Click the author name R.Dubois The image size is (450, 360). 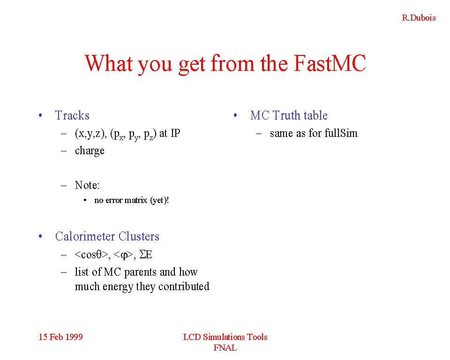[x=419, y=18]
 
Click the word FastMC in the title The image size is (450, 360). [x=330, y=63]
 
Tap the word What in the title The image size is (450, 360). [x=109, y=63]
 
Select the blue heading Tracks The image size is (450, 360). [x=72, y=115]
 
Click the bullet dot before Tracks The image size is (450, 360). [x=40, y=115]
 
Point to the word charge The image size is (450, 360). [x=90, y=151]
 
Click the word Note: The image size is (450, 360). [x=87, y=185]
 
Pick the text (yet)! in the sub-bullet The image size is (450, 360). [x=159, y=200]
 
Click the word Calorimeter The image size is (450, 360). [x=85, y=236]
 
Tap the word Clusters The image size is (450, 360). [x=139, y=236]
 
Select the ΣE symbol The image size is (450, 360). [x=145, y=255]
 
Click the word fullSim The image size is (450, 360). [x=341, y=133]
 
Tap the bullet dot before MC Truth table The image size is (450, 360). [x=235, y=115]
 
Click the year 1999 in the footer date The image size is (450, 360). [x=75, y=337]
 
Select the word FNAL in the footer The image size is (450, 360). [x=225, y=348]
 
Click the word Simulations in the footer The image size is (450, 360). [x=224, y=337]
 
